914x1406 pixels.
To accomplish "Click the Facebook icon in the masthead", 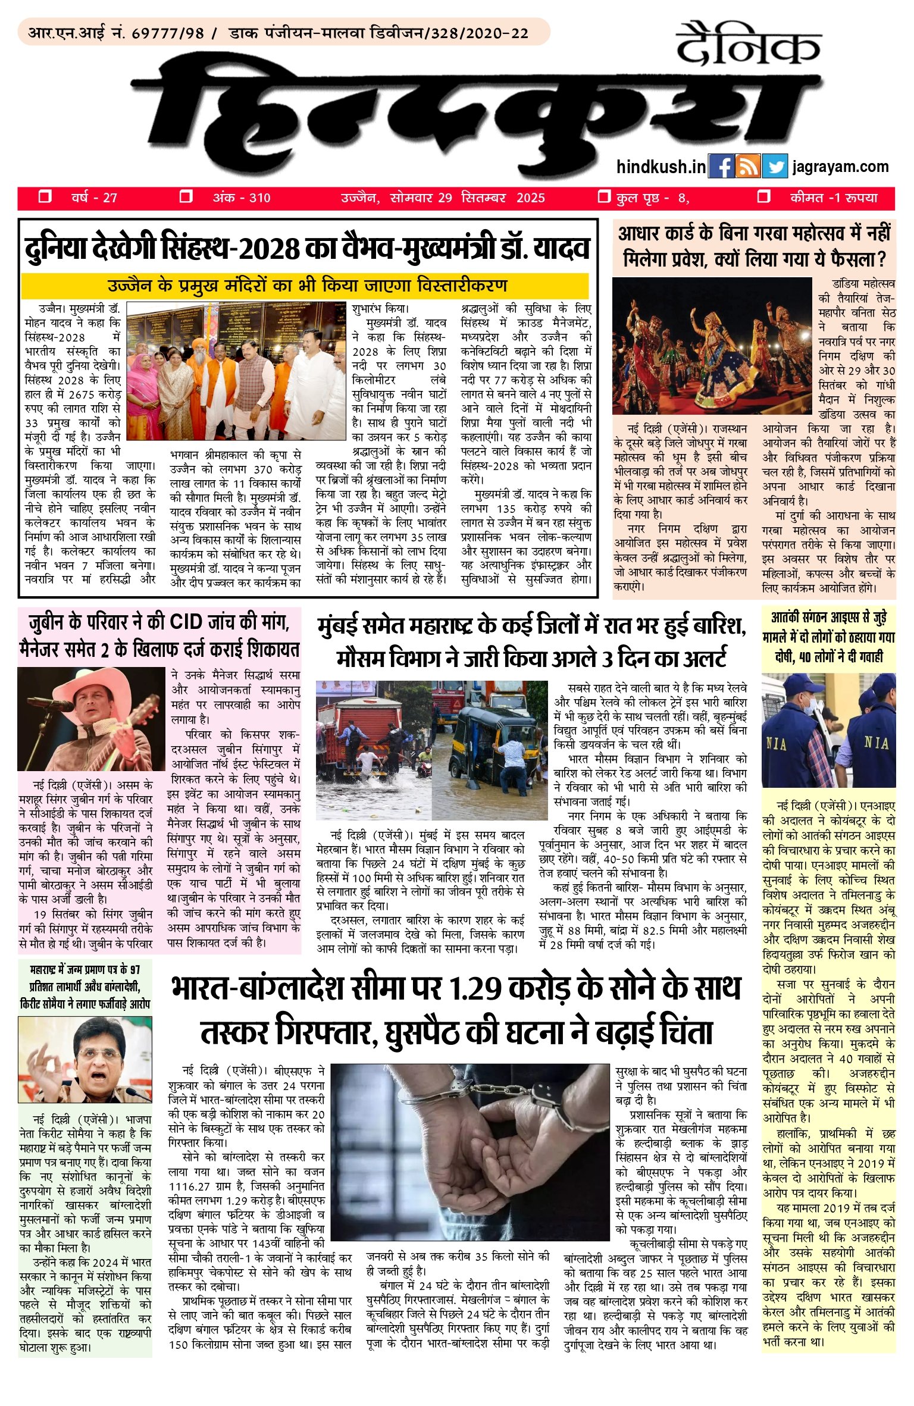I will point(721,167).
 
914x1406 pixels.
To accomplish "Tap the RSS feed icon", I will point(747,167).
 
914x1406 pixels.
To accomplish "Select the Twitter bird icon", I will point(774,167).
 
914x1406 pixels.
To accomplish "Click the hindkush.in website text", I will point(661,167).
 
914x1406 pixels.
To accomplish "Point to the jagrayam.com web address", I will point(840,167).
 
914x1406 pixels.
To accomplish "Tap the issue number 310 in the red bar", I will point(259,198).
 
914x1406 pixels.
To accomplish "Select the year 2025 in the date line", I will point(530,198).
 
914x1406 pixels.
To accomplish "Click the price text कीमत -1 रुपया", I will point(834,198).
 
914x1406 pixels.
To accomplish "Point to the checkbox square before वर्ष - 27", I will point(45,196).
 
